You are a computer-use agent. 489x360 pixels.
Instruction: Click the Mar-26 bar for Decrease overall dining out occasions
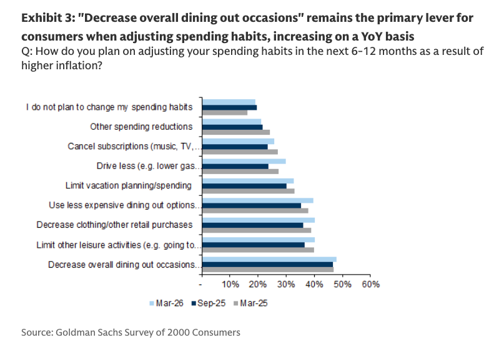pos(269,259)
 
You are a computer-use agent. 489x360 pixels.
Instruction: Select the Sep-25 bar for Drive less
pos(235,167)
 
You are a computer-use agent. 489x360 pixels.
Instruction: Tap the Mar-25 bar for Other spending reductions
pos(236,132)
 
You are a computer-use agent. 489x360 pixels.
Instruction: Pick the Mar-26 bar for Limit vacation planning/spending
pos(248,180)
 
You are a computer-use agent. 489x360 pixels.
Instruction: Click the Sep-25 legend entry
pos(209,303)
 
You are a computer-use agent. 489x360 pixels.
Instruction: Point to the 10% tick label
pos(230,285)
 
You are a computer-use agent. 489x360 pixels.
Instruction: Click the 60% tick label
pos(370,285)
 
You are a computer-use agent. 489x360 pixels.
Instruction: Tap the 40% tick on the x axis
pos(314,285)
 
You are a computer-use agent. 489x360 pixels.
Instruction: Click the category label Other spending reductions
pos(141,127)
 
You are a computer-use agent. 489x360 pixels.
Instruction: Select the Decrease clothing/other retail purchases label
pos(114,225)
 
